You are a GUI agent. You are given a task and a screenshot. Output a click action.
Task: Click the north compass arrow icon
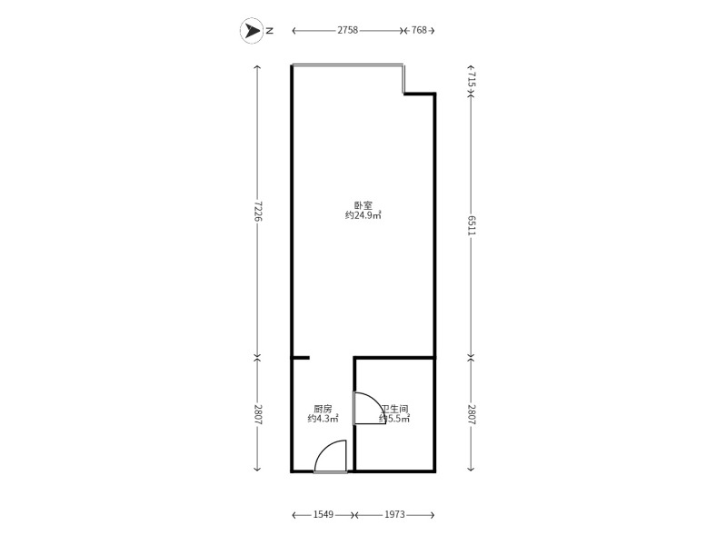click(252, 31)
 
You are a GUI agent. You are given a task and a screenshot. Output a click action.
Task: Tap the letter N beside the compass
click(270, 31)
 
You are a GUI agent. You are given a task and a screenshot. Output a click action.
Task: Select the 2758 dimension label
click(348, 30)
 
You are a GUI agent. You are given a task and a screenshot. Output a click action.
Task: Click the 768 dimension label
click(419, 30)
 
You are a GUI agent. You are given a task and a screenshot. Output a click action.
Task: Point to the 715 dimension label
click(471, 79)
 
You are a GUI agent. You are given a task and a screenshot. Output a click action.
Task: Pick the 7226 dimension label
click(258, 212)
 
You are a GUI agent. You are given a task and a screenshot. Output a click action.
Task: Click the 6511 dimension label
click(471, 225)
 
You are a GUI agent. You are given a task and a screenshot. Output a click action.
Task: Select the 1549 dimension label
click(324, 514)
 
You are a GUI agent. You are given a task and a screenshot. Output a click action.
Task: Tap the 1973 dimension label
click(394, 514)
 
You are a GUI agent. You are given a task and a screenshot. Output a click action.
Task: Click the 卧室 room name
click(363, 205)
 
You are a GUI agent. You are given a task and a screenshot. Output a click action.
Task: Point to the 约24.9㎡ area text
click(363, 215)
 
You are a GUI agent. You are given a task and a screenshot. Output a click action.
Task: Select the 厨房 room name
click(323, 410)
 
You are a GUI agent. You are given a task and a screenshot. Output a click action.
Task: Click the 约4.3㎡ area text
click(323, 419)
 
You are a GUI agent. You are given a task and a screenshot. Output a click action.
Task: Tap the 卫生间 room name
click(394, 410)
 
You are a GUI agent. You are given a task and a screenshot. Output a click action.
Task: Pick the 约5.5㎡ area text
click(394, 419)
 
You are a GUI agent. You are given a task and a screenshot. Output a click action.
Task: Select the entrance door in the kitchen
click(331, 457)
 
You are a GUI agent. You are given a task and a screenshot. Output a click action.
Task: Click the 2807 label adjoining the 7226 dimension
click(258, 415)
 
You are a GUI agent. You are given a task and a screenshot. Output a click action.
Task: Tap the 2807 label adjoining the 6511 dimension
click(471, 415)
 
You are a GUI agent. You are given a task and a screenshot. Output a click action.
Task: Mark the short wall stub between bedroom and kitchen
click(301, 358)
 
